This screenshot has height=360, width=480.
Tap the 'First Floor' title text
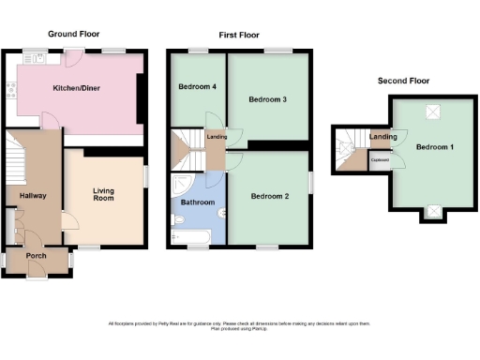[x=239, y=34]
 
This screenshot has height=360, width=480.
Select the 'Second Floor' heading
[x=404, y=82]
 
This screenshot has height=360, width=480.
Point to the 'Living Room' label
[x=103, y=194]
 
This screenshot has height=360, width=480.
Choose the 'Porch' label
[x=36, y=255]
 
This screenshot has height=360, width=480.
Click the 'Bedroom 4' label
[x=197, y=87]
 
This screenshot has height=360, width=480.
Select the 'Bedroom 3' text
[x=267, y=98]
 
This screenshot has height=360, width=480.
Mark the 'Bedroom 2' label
[x=268, y=196]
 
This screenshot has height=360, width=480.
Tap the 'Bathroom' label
[x=197, y=202]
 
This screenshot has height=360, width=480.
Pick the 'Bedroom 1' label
[x=433, y=147]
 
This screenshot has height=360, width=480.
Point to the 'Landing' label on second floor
[x=382, y=138]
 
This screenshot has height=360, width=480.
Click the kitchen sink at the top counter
[x=41, y=58]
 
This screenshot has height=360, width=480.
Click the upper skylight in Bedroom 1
[x=433, y=112]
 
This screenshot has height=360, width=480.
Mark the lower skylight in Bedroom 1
[x=433, y=211]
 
